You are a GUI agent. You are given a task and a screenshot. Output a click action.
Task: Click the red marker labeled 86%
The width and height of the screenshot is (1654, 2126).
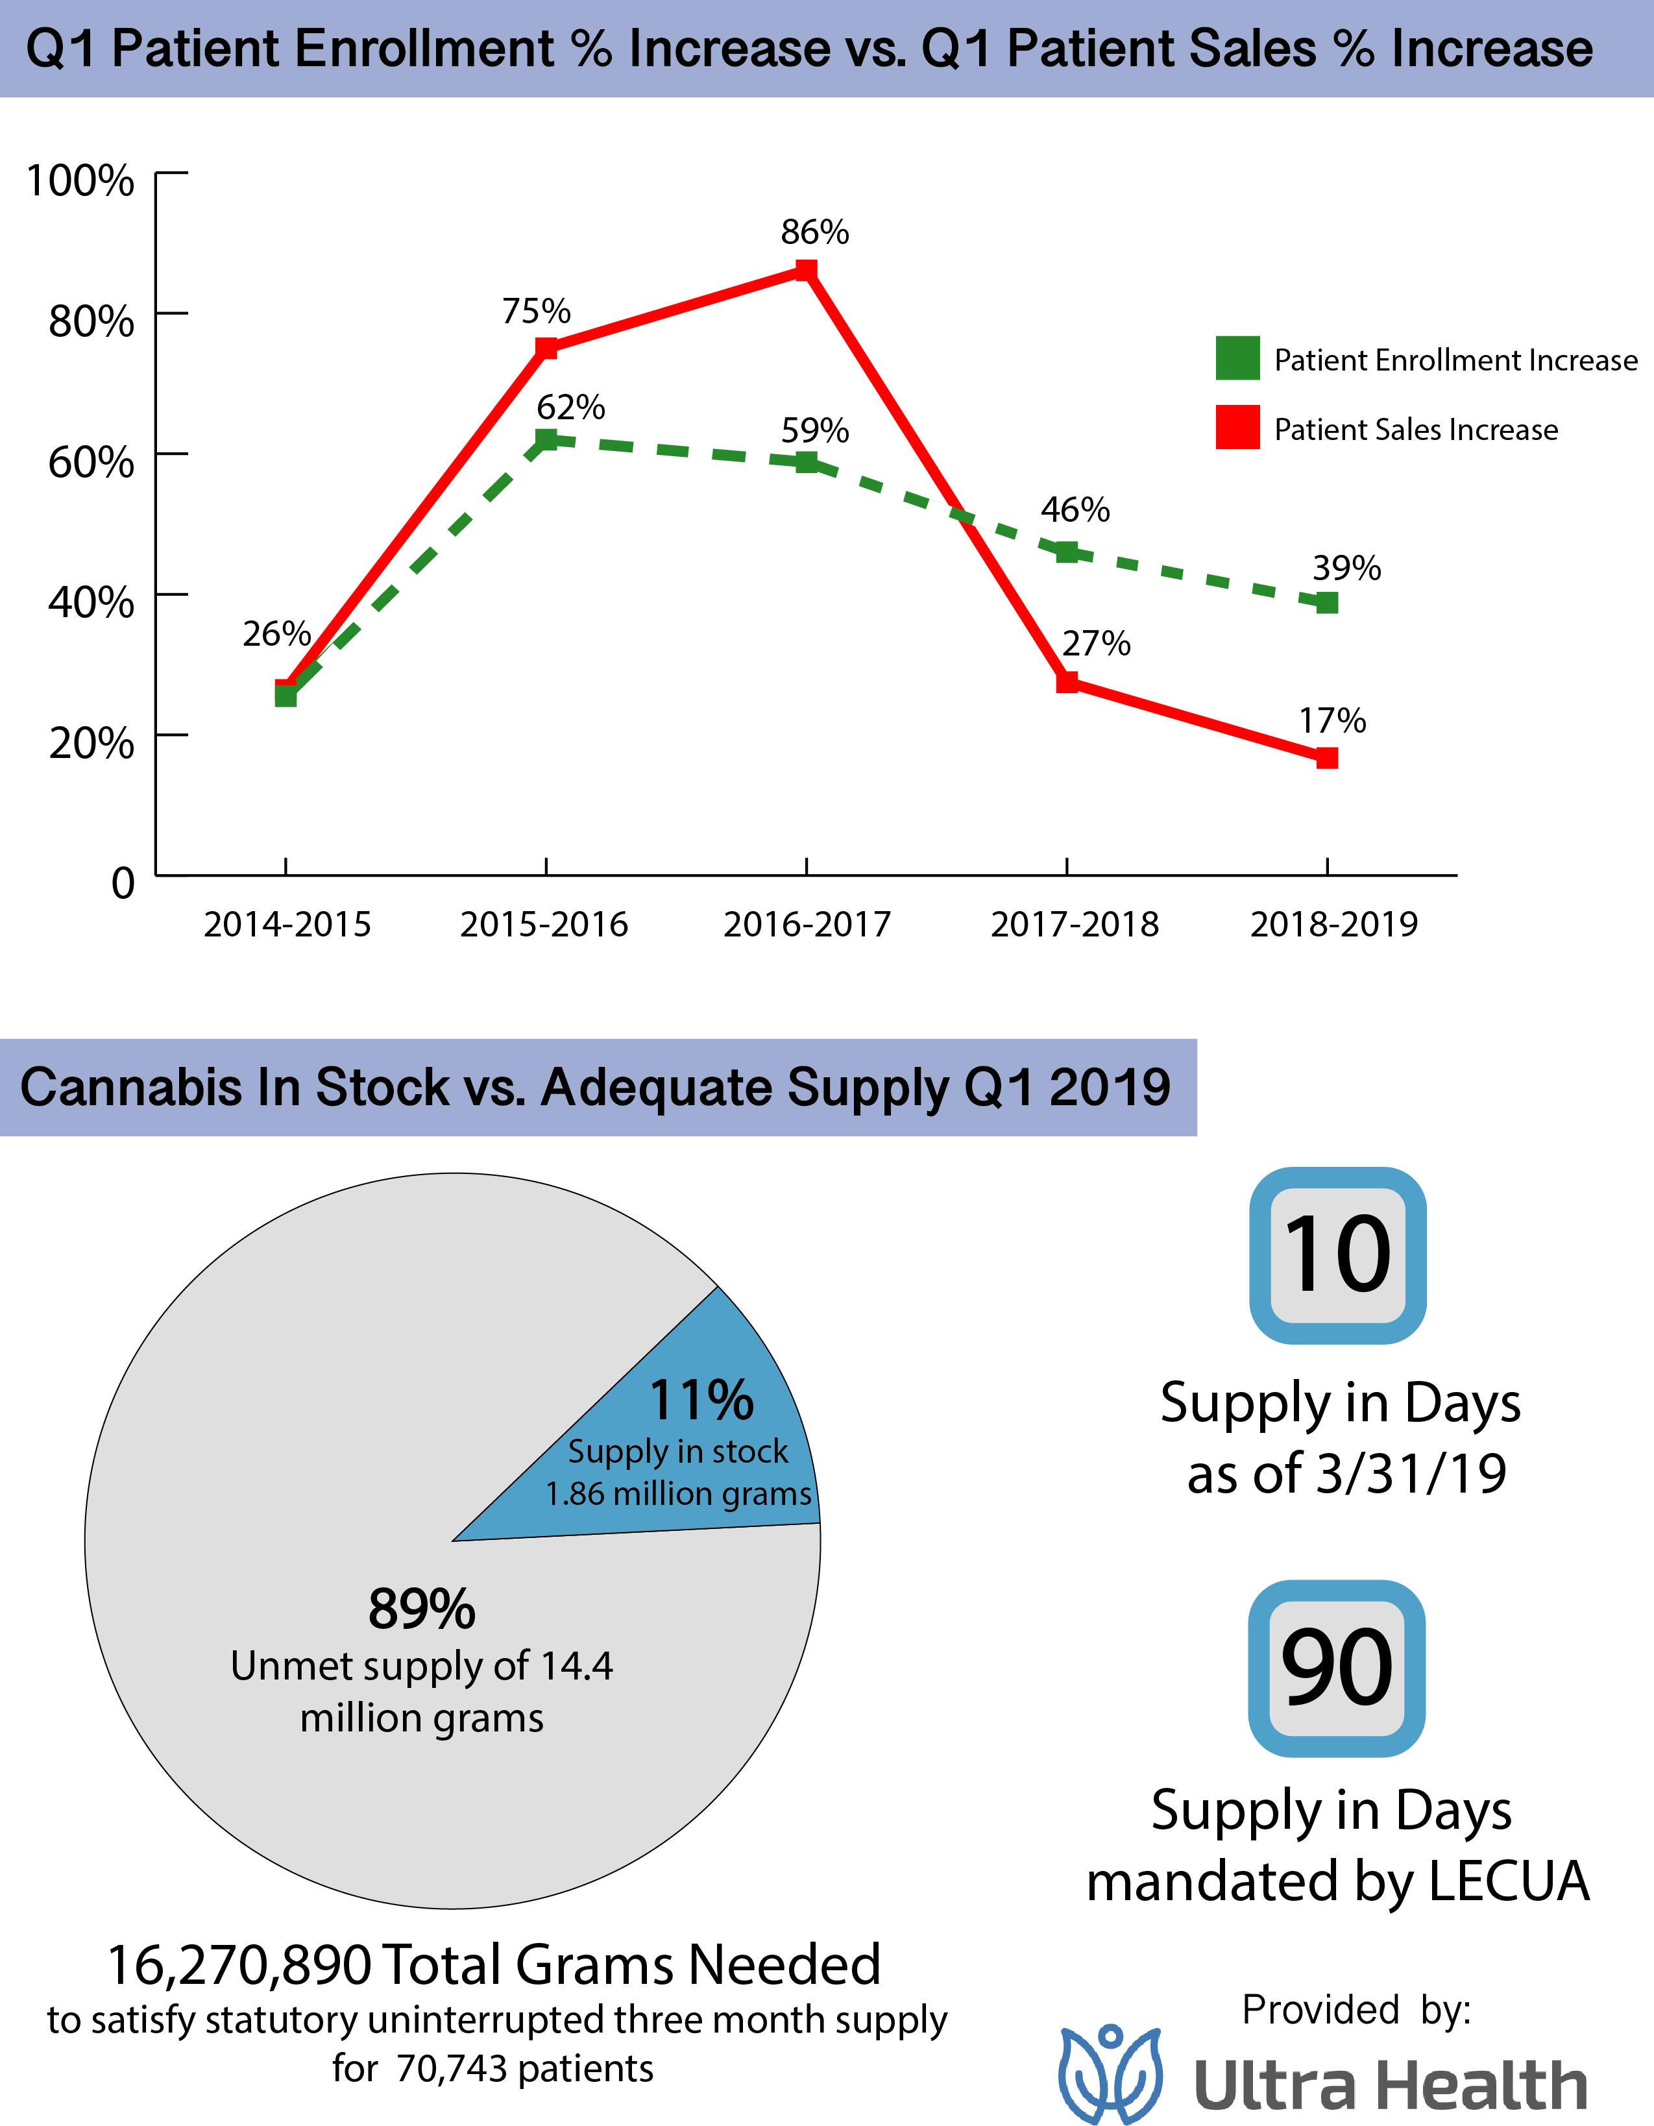806,270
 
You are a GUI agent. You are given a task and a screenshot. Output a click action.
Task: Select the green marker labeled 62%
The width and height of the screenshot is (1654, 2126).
546,440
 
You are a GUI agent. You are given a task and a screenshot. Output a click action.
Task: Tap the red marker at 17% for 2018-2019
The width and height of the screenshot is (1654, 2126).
1327,757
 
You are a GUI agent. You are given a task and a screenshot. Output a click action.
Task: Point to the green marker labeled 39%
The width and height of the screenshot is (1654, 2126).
1327,602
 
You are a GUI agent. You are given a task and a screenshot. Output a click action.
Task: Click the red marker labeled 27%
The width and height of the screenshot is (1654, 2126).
1067,681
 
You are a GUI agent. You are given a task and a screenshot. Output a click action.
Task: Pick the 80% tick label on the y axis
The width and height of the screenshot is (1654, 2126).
91,321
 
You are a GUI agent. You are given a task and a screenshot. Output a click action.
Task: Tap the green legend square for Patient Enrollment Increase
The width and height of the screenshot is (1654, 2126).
1237,358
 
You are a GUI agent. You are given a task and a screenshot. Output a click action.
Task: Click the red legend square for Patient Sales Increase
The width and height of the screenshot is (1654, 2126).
1237,427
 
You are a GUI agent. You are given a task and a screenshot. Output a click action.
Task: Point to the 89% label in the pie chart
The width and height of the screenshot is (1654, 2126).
422,1609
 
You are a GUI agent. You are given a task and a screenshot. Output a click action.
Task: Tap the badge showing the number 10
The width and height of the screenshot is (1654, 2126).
1337,1255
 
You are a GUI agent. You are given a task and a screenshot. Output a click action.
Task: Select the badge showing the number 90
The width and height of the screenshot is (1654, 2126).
1337,1668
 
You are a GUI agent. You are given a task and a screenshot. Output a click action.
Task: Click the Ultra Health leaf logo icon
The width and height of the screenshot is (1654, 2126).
1111,2073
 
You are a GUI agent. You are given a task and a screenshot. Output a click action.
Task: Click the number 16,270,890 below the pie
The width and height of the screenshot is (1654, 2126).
239,1964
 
